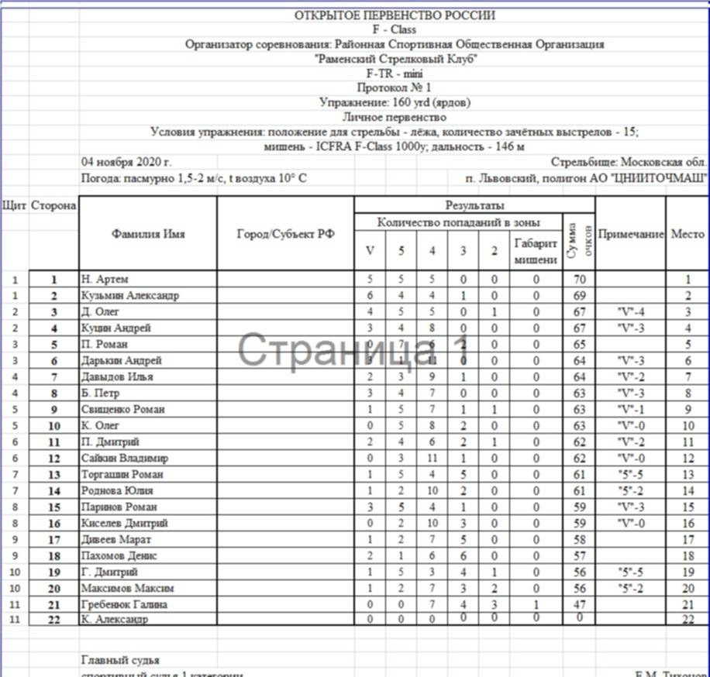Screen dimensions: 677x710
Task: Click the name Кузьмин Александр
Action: (130, 296)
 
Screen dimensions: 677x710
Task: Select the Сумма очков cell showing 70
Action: (579, 280)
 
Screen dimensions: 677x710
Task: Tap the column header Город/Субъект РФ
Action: (285, 235)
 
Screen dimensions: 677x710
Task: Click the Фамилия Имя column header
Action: (148, 235)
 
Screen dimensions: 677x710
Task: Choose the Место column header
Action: (688, 235)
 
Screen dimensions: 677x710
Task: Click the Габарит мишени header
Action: (536, 252)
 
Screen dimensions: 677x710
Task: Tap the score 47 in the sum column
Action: (579, 604)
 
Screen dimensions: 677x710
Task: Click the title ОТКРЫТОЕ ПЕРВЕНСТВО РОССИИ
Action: (395, 15)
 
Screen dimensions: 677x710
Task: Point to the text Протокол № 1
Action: (395, 88)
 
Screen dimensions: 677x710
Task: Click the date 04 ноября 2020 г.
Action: (126, 163)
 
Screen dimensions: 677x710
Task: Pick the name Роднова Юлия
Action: (117, 490)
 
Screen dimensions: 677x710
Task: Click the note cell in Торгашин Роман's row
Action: (630, 474)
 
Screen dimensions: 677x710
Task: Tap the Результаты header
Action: (474, 205)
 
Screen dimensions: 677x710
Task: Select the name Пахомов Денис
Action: (119, 555)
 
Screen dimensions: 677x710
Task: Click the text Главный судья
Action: (120, 660)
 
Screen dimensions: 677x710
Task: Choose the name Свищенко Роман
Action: (122, 409)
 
